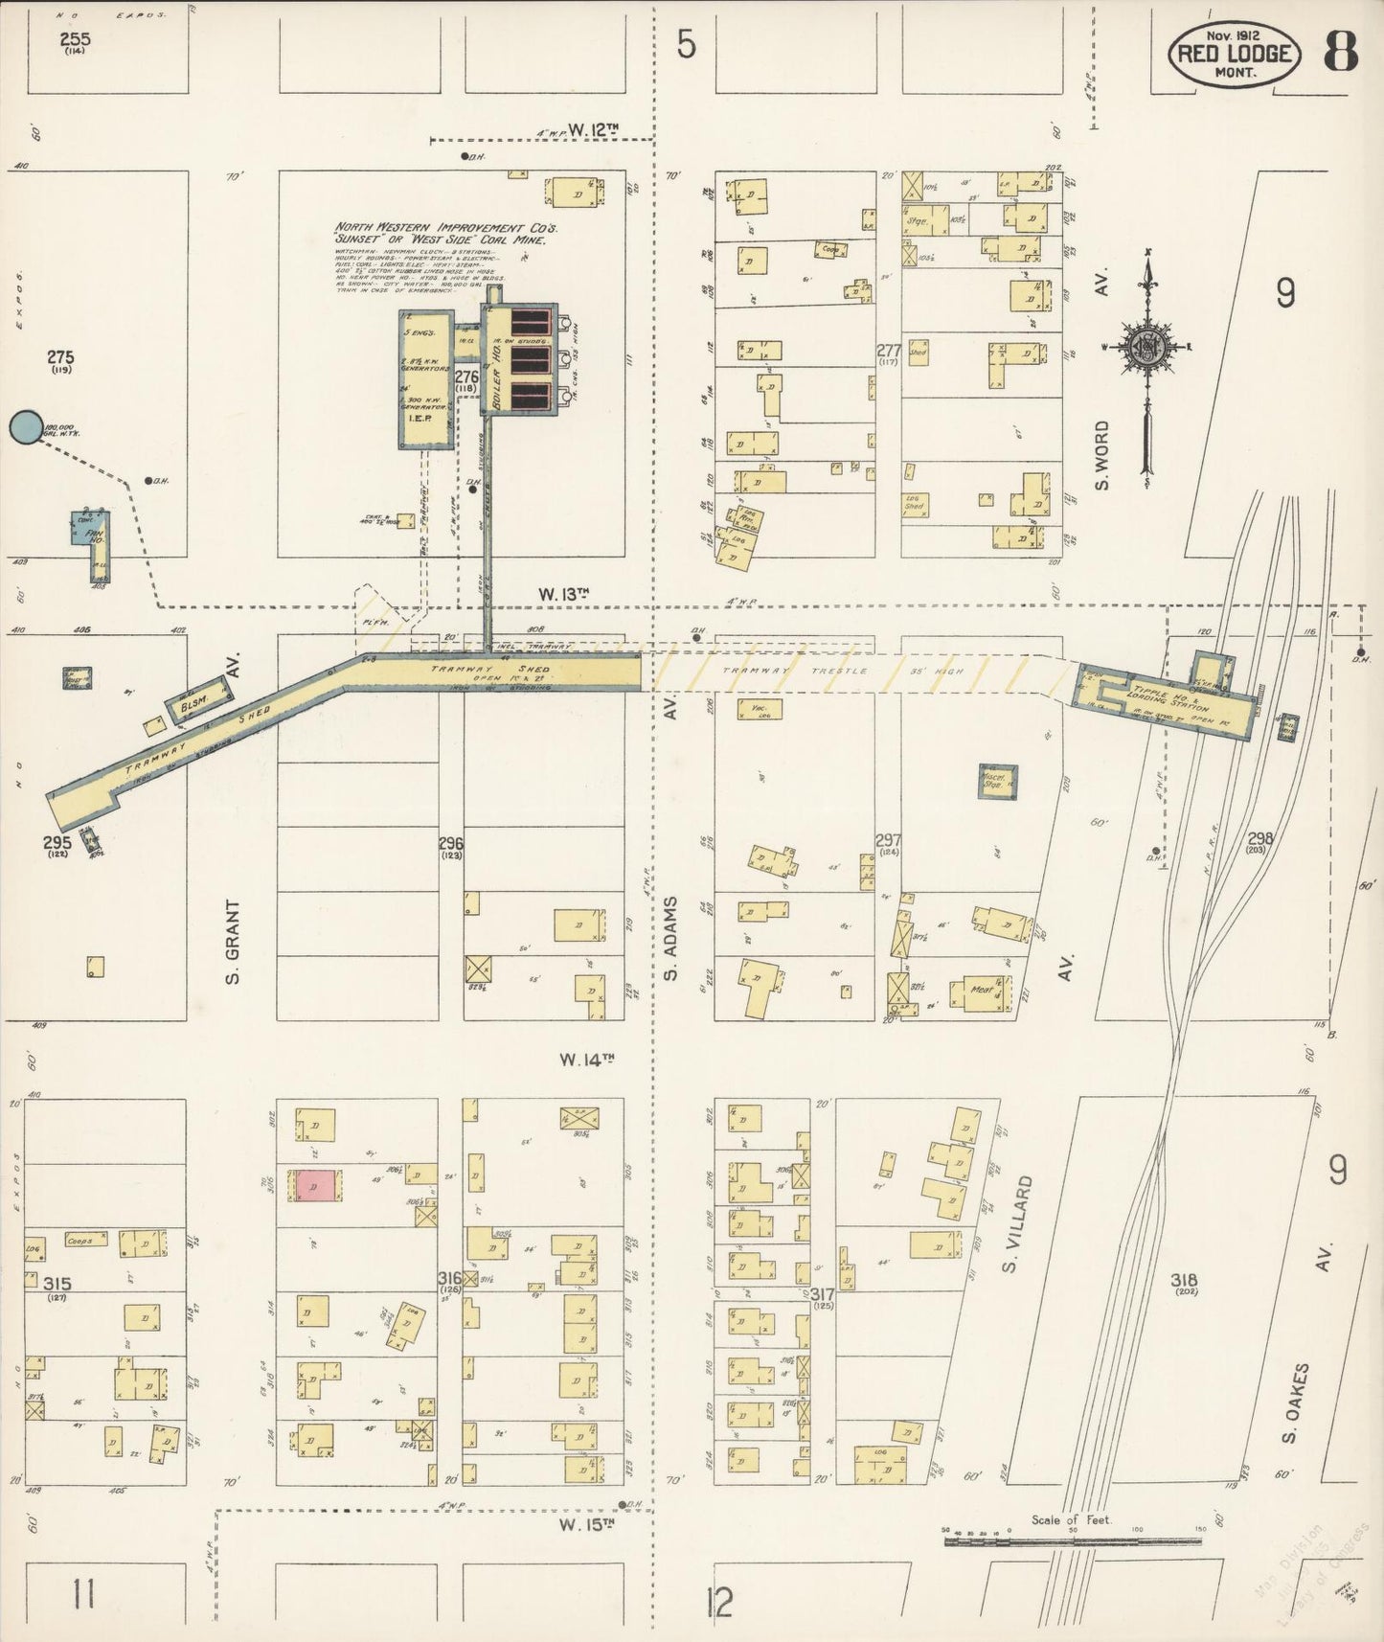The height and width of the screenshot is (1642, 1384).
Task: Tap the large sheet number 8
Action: pyautogui.click(x=1340, y=52)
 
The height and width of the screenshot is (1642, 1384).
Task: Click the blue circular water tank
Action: pyautogui.click(x=26, y=427)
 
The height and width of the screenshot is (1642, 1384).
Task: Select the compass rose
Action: pyautogui.click(x=1146, y=348)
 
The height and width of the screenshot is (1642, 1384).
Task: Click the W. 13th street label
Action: pyautogui.click(x=562, y=595)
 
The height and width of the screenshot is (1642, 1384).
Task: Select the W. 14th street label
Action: pyautogui.click(x=586, y=1060)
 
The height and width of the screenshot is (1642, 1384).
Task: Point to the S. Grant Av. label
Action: pyautogui.click(x=232, y=941)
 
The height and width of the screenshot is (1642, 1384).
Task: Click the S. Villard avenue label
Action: pyautogui.click(x=1019, y=1227)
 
